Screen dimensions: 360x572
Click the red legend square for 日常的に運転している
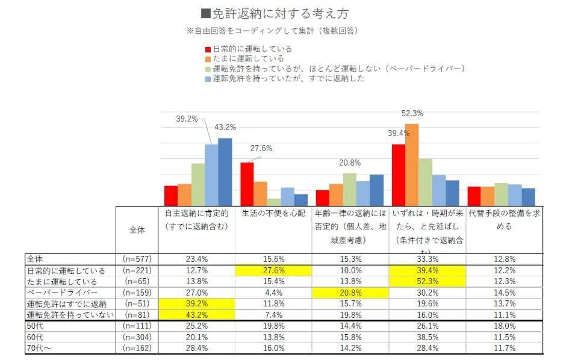point(208,49)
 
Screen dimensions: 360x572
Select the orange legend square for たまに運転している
point(208,58)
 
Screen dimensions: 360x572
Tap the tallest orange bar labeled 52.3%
point(412,164)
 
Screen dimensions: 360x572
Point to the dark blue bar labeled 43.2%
point(225,172)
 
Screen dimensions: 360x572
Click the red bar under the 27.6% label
point(247,184)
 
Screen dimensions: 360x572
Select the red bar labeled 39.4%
point(399,175)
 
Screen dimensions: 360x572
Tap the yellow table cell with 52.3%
point(427,281)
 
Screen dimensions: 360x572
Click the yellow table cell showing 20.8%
point(350,292)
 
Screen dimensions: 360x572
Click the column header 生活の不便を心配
point(273,214)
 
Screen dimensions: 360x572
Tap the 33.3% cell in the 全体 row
point(427,259)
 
